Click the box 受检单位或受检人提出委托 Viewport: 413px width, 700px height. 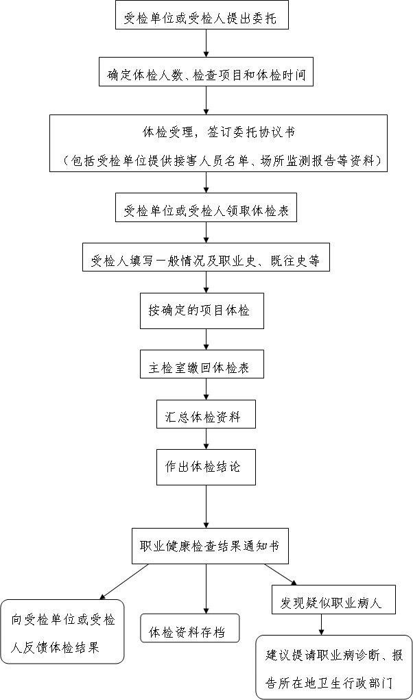click(x=202, y=15)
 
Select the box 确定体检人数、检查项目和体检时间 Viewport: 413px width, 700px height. click(x=206, y=71)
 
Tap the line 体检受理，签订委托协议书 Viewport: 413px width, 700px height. click(x=218, y=132)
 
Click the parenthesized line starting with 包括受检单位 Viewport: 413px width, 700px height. click(x=218, y=160)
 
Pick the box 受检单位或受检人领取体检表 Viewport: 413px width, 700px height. click(x=206, y=207)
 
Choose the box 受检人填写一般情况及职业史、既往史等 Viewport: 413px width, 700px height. click(x=206, y=257)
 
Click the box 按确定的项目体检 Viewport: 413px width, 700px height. click(x=202, y=311)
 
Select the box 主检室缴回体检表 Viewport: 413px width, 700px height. click(x=202, y=364)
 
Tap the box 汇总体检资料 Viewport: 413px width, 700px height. click(x=206, y=414)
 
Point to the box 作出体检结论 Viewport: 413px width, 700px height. click(x=206, y=468)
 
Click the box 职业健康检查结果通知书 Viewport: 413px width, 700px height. click(x=210, y=546)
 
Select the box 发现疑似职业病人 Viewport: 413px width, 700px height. click(x=333, y=599)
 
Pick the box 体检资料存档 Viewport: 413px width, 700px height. click(x=190, y=628)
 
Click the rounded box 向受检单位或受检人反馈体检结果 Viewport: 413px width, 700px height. click(x=62, y=631)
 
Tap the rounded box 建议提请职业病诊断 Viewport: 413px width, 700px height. click(x=334, y=667)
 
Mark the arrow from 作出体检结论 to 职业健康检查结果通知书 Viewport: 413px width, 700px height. click(x=206, y=507)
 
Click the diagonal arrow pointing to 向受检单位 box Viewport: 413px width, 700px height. click(x=123, y=581)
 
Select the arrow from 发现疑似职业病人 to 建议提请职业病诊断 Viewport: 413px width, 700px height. click(x=321, y=625)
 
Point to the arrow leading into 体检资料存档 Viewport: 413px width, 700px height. click(x=206, y=589)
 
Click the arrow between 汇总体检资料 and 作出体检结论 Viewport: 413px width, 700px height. click(x=206, y=439)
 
